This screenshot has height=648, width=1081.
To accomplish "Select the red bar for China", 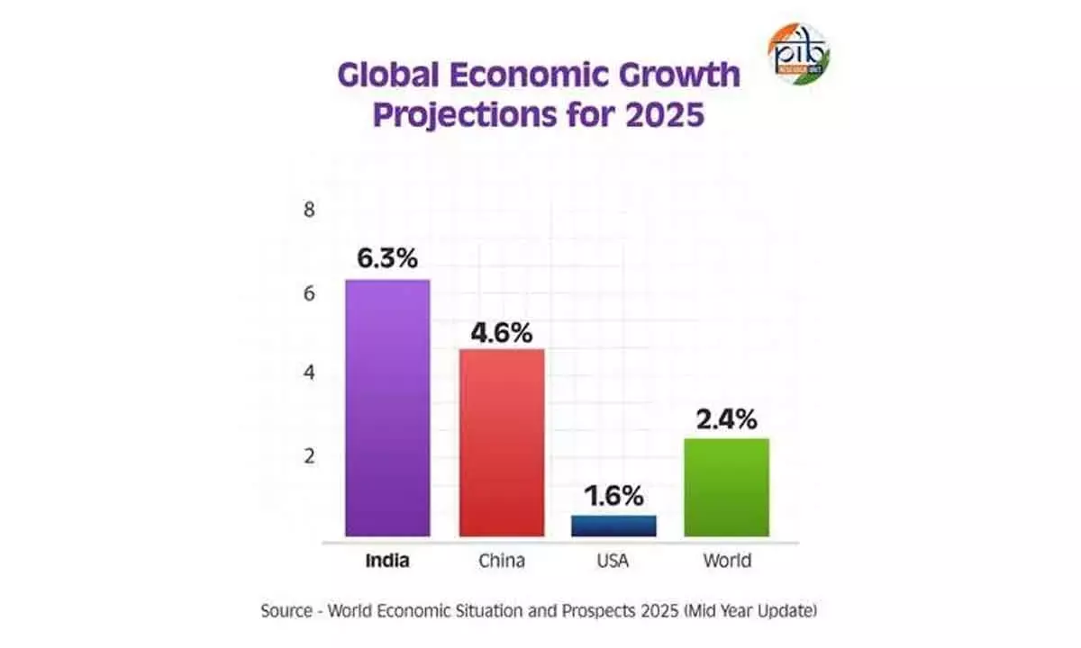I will (x=502, y=443).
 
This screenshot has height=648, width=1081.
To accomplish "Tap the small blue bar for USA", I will (x=613, y=526).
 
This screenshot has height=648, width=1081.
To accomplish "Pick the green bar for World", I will (x=726, y=487).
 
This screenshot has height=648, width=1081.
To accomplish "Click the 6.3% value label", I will (x=387, y=259).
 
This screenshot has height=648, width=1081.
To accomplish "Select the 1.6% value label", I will (x=613, y=496).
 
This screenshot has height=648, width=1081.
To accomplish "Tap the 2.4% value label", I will (x=726, y=418).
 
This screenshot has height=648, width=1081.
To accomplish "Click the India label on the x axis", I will (x=387, y=562).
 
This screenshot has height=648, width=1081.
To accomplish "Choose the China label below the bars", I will (x=502, y=562).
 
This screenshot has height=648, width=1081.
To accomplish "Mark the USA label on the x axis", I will (x=613, y=562).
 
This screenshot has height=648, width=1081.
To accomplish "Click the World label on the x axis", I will (x=726, y=562).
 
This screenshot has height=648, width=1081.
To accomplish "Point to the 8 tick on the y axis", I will (x=309, y=211).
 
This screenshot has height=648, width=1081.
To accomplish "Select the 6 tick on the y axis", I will (x=309, y=293).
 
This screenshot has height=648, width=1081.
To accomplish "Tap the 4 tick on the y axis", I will (x=309, y=373).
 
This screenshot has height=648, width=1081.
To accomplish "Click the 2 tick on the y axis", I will (x=309, y=455).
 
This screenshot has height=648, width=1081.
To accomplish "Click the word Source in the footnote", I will (x=285, y=611).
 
